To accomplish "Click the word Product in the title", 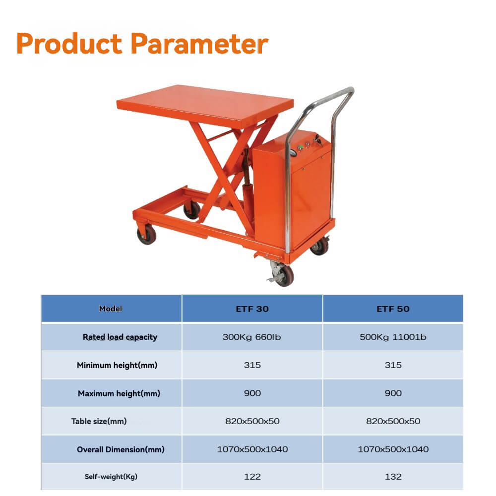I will [x=69, y=44].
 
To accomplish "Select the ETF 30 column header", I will [x=252, y=309].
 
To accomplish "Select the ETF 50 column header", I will [x=393, y=309].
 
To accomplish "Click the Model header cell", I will [x=111, y=309].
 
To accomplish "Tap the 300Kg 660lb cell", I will [x=252, y=337].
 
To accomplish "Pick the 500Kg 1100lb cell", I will [x=393, y=337].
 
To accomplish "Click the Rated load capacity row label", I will [x=120, y=337].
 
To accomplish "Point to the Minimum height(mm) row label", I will [x=117, y=366].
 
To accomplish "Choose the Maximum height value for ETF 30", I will [x=252, y=393].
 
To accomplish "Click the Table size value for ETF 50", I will [x=393, y=421].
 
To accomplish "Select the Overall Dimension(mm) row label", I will [x=121, y=450].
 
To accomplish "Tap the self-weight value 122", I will [x=252, y=477].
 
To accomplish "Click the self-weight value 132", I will [x=393, y=477].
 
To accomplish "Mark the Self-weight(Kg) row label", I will [x=111, y=477].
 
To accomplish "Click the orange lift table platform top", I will [x=203, y=104].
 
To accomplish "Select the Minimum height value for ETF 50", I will [x=393, y=366].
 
